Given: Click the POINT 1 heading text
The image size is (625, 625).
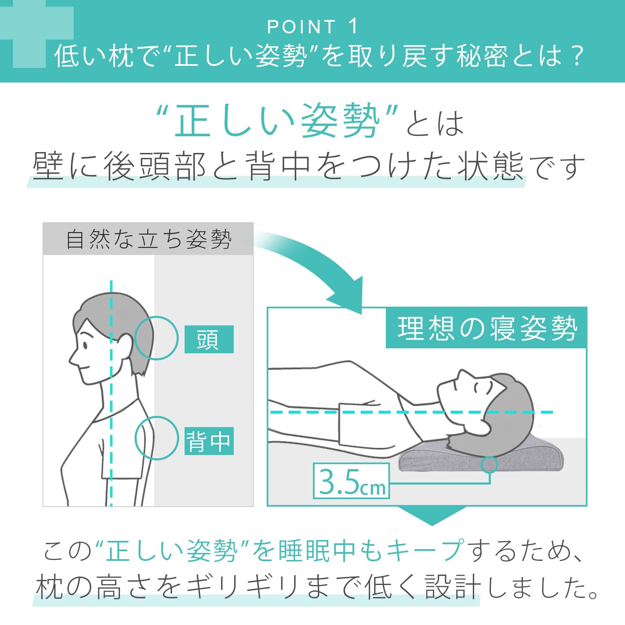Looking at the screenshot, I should coord(312,27).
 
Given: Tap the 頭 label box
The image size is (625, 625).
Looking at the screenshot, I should coord(209,339).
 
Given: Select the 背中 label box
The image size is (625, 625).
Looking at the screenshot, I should coord(209,441).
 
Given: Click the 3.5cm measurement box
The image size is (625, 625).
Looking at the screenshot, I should coord(351,481).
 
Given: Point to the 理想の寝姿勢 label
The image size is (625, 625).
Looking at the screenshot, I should coord(486,328).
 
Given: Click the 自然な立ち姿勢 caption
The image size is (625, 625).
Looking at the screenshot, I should coord(148,239).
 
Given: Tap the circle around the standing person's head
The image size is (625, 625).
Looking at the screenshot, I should coord(157,338).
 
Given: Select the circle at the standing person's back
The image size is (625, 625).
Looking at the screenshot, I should coord(157,438).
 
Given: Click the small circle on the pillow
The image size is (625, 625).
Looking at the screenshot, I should coord(489,464).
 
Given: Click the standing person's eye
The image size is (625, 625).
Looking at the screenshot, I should coord(85,345).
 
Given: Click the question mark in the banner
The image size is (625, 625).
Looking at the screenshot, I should coord(577,56).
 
